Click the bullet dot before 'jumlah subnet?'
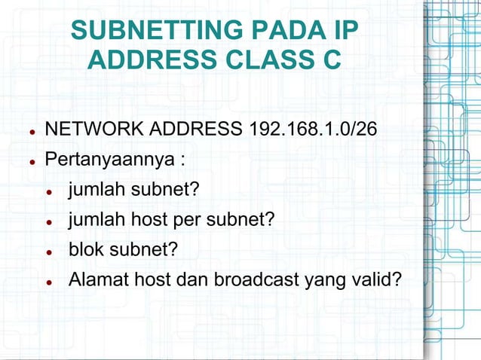click(48, 191)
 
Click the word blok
click(85, 249)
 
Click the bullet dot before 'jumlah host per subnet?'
click(48, 221)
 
